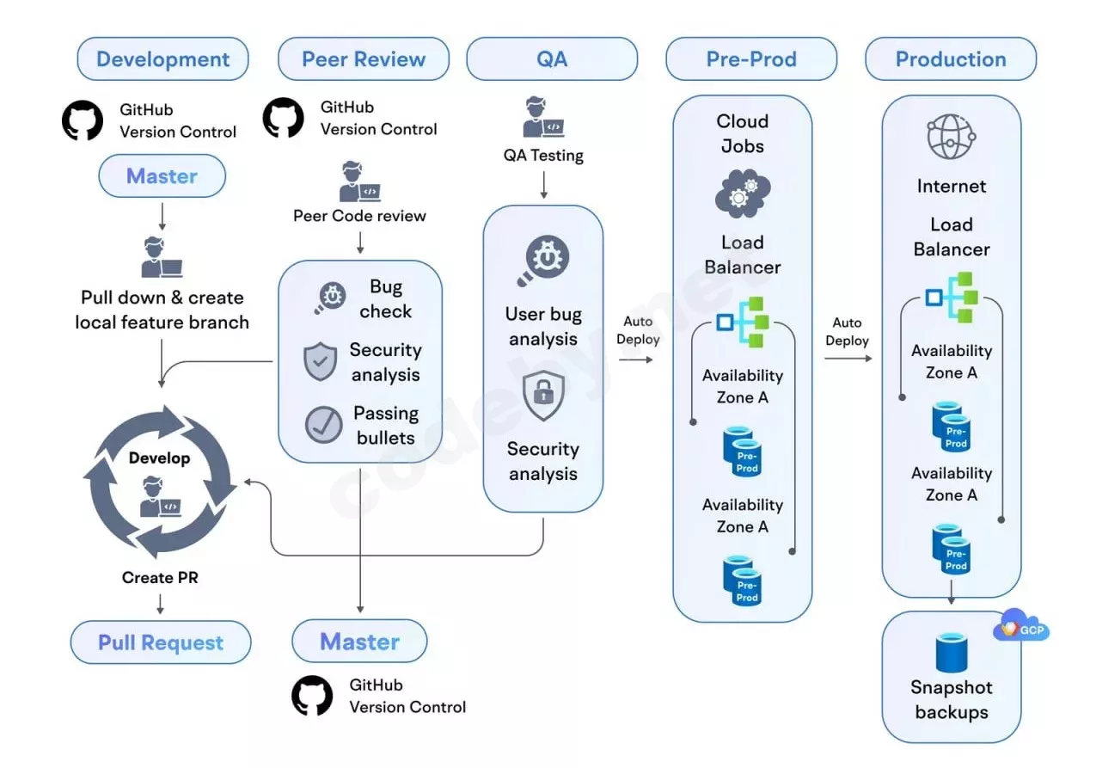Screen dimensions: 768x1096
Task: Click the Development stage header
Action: pos(162,59)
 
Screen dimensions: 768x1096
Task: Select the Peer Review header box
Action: pos(364,59)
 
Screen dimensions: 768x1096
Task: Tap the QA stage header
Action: pos(552,59)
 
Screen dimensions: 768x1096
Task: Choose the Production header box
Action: pos(951,59)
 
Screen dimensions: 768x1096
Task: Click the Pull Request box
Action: pos(161,642)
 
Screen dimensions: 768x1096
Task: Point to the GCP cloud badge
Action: pos(1021,628)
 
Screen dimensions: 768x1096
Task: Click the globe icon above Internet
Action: pos(950,137)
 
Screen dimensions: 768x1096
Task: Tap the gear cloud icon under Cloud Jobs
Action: pos(743,192)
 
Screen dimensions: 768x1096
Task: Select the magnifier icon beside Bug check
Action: pos(329,298)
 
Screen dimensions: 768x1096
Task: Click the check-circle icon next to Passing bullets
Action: pos(323,425)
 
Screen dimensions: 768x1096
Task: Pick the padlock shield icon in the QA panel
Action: pos(543,396)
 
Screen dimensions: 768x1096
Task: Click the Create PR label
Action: pos(160,578)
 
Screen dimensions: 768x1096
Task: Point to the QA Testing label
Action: pos(543,156)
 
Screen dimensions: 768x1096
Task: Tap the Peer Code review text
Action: pos(359,216)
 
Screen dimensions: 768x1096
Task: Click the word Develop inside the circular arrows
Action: pos(159,458)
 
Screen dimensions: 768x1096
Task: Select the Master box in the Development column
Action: pos(162,176)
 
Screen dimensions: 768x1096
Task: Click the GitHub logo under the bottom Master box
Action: pos(312,696)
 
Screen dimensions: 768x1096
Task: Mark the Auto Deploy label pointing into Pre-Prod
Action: pos(638,330)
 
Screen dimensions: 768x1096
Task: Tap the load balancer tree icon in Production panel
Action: pos(952,297)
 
